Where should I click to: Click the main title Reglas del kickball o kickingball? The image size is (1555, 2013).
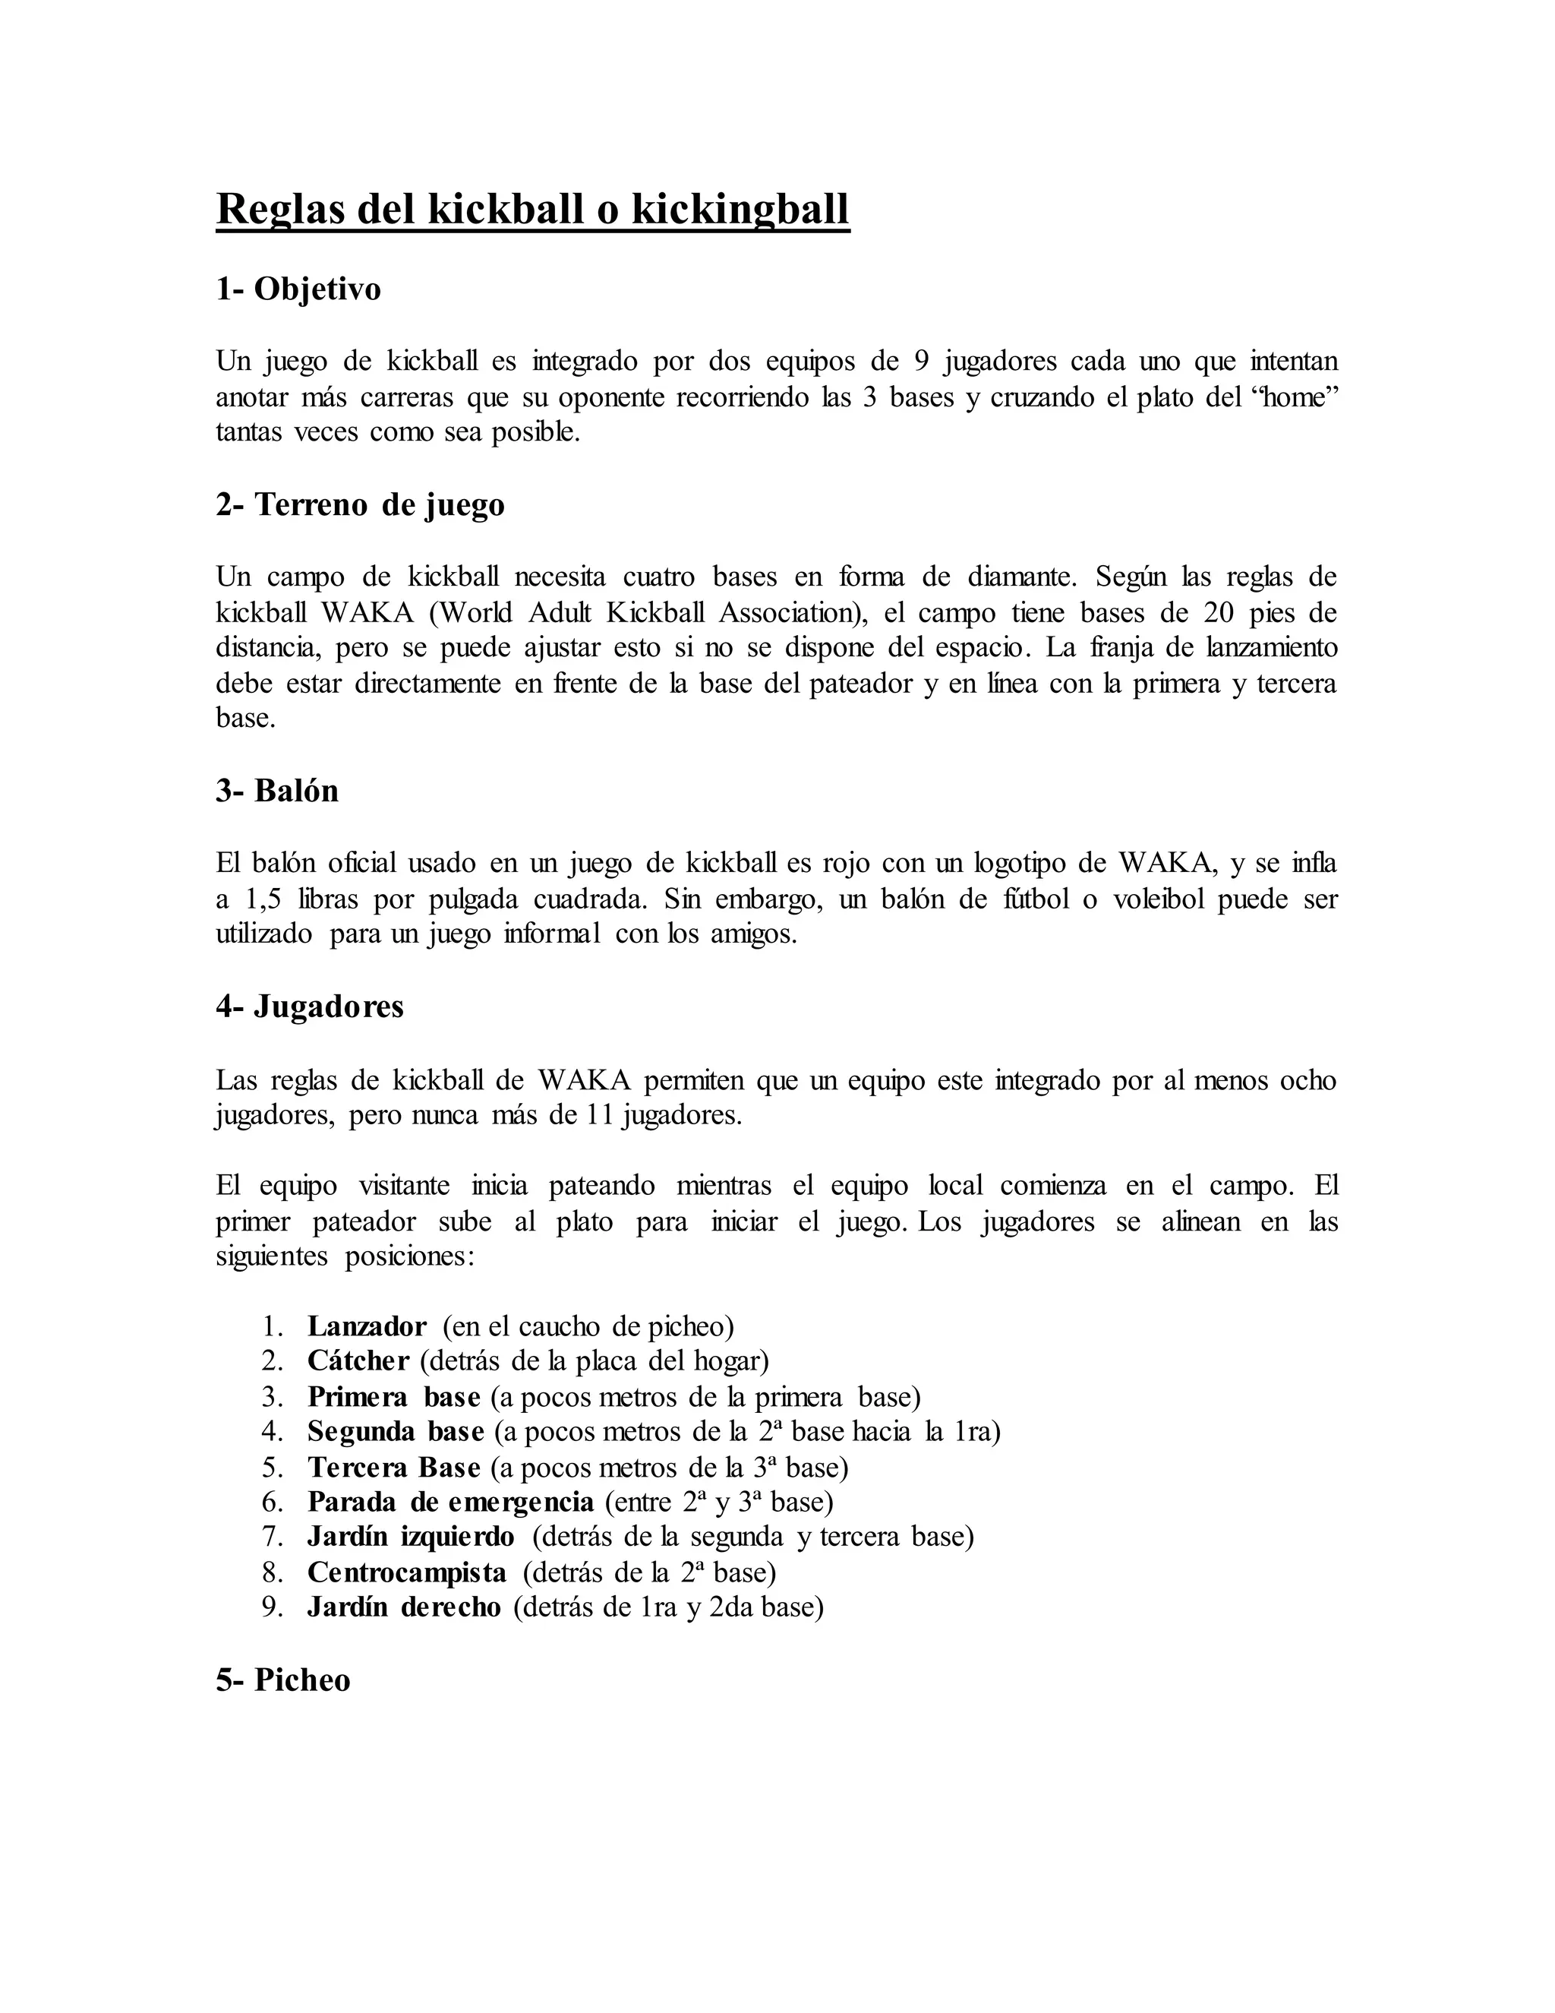[532, 209]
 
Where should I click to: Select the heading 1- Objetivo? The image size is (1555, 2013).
[298, 289]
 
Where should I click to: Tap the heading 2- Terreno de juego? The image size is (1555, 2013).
[360, 504]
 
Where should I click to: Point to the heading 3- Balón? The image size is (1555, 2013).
[277, 791]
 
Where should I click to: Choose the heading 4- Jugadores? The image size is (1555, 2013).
[310, 1006]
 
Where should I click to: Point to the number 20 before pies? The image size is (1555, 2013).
[1219, 613]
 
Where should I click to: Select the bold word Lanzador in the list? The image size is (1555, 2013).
[367, 1326]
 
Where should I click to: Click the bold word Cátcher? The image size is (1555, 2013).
[358, 1361]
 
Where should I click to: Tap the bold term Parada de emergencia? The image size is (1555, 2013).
[450, 1503]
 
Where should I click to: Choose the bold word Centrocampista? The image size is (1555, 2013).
[406, 1572]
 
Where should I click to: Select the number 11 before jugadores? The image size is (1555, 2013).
[601, 1115]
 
